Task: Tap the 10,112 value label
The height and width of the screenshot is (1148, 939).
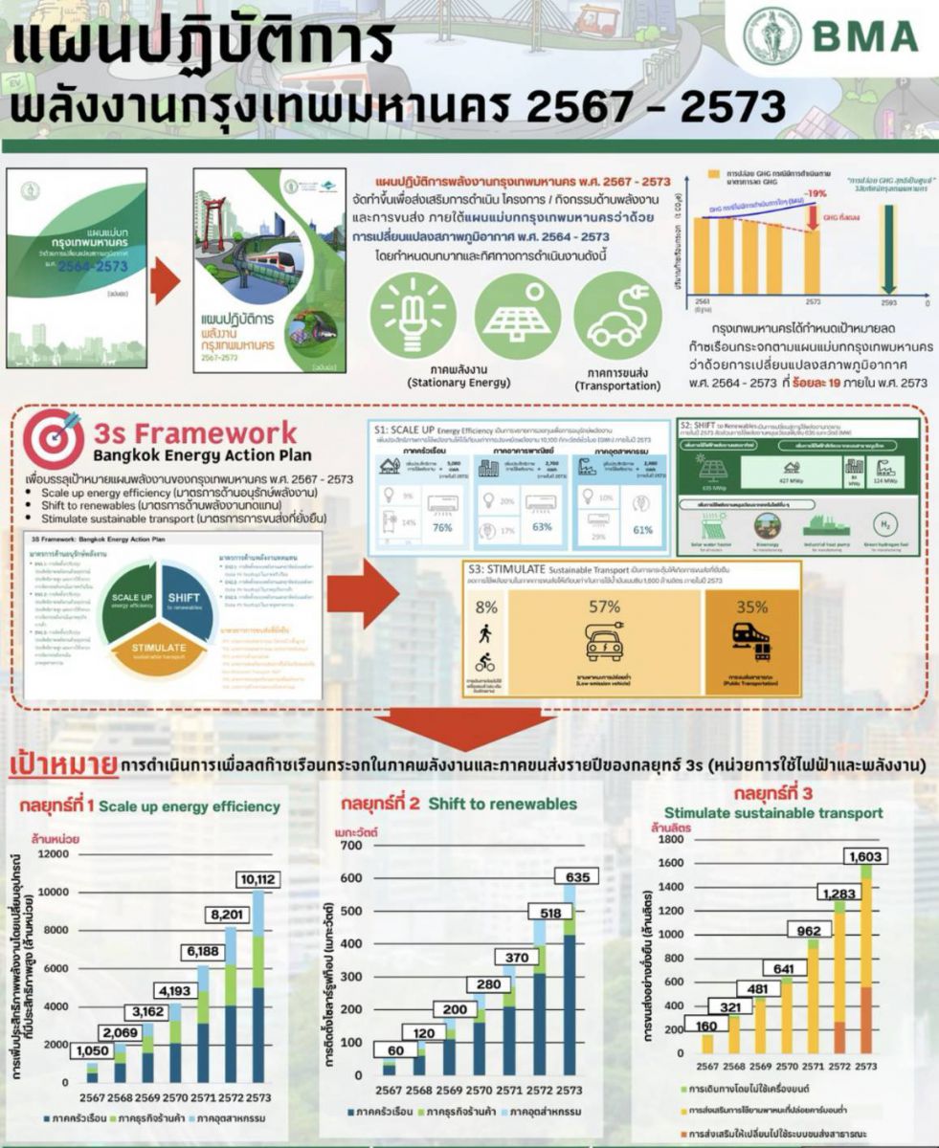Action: pyautogui.click(x=260, y=879)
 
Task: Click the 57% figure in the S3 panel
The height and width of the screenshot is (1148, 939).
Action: pyautogui.click(x=604, y=607)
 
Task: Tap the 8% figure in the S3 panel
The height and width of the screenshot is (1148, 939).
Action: pyautogui.click(x=486, y=606)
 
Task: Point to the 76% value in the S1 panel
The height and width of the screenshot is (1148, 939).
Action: pyautogui.click(x=442, y=529)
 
